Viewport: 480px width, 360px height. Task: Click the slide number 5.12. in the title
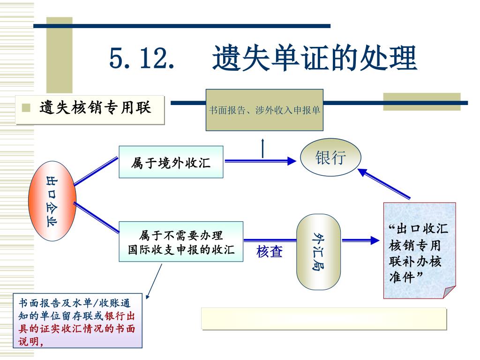pyautogui.click(x=142, y=58)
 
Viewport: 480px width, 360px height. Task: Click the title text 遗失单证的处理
pyautogui.click(x=315, y=58)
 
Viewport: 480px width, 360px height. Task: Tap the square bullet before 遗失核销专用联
pyautogui.click(x=26, y=107)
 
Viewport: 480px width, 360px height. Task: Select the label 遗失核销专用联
pyautogui.click(x=95, y=107)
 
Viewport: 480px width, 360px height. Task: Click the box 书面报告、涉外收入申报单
pyautogui.click(x=264, y=110)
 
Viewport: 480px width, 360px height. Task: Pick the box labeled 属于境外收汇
pyautogui.click(x=171, y=162)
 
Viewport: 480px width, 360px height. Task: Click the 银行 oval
pyautogui.click(x=330, y=157)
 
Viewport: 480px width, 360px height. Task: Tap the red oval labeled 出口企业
pyautogui.click(x=52, y=201)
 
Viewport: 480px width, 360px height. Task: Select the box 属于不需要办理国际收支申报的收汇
pyautogui.click(x=181, y=241)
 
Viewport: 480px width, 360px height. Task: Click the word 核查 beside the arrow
pyautogui.click(x=270, y=252)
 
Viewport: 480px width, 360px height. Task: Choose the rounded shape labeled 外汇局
pyautogui.click(x=318, y=252)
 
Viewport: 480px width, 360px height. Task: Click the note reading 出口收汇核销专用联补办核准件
pyautogui.click(x=420, y=250)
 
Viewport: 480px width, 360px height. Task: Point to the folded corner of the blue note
pyautogui.click(x=449, y=292)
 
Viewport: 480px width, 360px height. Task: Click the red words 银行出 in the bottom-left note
pyautogui.click(x=120, y=316)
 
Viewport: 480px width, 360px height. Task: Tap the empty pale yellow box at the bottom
pyautogui.click(x=324, y=319)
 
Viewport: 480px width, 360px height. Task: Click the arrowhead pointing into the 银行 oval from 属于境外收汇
pyautogui.click(x=292, y=161)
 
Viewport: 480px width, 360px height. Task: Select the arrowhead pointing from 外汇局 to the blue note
pyautogui.click(x=375, y=240)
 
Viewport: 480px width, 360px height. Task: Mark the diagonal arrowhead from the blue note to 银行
pyautogui.click(x=363, y=172)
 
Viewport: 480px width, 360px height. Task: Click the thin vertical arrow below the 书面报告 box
pyautogui.click(x=262, y=148)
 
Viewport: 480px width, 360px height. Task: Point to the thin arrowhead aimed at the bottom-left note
pyautogui.click(x=148, y=297)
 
